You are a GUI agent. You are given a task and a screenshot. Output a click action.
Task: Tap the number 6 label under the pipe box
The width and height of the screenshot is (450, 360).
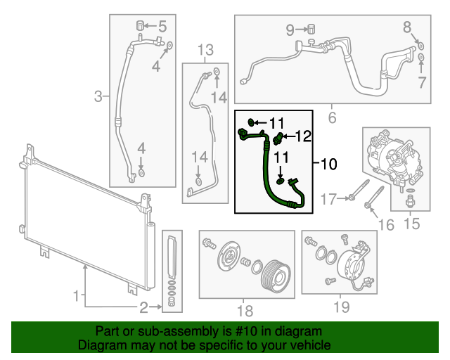point(332,117)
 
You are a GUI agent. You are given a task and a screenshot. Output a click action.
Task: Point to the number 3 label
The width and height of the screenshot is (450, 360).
point(99,95)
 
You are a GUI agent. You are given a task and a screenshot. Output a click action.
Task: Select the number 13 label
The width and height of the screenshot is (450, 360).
point(205,50)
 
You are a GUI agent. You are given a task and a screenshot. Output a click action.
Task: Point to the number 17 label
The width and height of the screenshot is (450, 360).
point(329,200)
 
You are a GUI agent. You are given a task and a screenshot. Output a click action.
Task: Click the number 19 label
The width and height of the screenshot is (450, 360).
point(341,307)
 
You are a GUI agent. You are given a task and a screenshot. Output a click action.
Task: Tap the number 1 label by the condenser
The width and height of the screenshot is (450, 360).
point(76,297)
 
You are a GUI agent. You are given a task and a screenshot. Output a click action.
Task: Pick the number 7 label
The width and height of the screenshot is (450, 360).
point(422,83)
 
